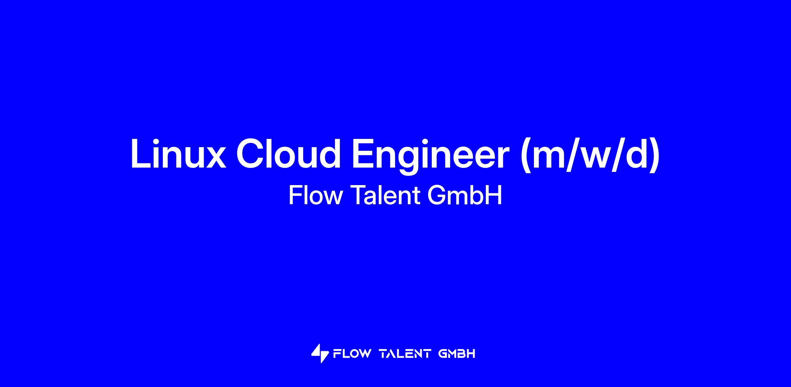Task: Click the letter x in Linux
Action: [214, 157]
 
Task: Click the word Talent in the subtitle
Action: [385, 195]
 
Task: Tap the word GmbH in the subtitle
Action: [465, 195]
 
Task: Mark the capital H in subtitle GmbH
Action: [494, 195]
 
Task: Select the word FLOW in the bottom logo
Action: [352, 354]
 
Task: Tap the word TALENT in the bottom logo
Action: [405, 354]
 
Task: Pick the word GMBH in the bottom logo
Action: [457, 354]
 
